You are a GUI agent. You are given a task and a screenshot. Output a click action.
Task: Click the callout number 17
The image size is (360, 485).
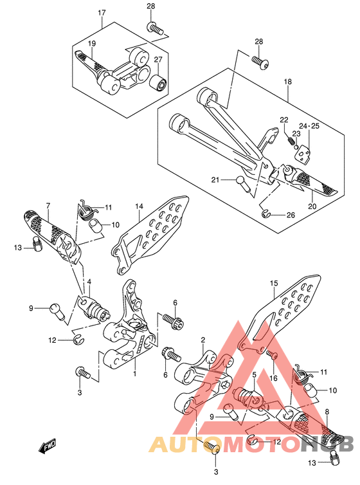point(102,13)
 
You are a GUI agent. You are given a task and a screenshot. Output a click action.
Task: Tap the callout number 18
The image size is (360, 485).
point(288,82)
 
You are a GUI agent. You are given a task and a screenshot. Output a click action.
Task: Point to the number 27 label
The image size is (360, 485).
point(158,59)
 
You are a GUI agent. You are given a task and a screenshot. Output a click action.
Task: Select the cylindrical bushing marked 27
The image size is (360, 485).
point(158,82)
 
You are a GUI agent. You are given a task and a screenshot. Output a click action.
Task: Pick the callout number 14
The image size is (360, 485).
point(139,206)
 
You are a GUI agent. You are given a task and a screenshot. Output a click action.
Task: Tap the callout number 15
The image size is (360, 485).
point(274,283)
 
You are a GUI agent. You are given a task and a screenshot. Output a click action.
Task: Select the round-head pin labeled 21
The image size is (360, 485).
point(241,184)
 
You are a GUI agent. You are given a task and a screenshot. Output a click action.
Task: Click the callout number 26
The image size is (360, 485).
point(291,215)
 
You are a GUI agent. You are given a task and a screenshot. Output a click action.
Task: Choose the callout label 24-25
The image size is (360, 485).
point(309,126)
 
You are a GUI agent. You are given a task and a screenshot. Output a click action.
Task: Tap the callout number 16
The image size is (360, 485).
point(274,378)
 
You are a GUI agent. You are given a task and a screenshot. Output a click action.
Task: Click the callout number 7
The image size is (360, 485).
point(48,205)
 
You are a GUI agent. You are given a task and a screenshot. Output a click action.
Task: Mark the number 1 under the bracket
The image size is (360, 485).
point(135,374)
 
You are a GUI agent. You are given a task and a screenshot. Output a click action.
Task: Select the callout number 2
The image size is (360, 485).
point(203,340)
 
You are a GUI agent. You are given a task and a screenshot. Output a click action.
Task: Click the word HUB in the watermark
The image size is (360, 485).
point(328,444)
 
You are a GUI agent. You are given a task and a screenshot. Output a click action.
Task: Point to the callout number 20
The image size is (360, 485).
point(312,206)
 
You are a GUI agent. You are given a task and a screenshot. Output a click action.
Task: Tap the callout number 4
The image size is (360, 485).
point(89,282)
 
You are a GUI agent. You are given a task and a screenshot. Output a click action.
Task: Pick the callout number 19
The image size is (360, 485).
point(92,43)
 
